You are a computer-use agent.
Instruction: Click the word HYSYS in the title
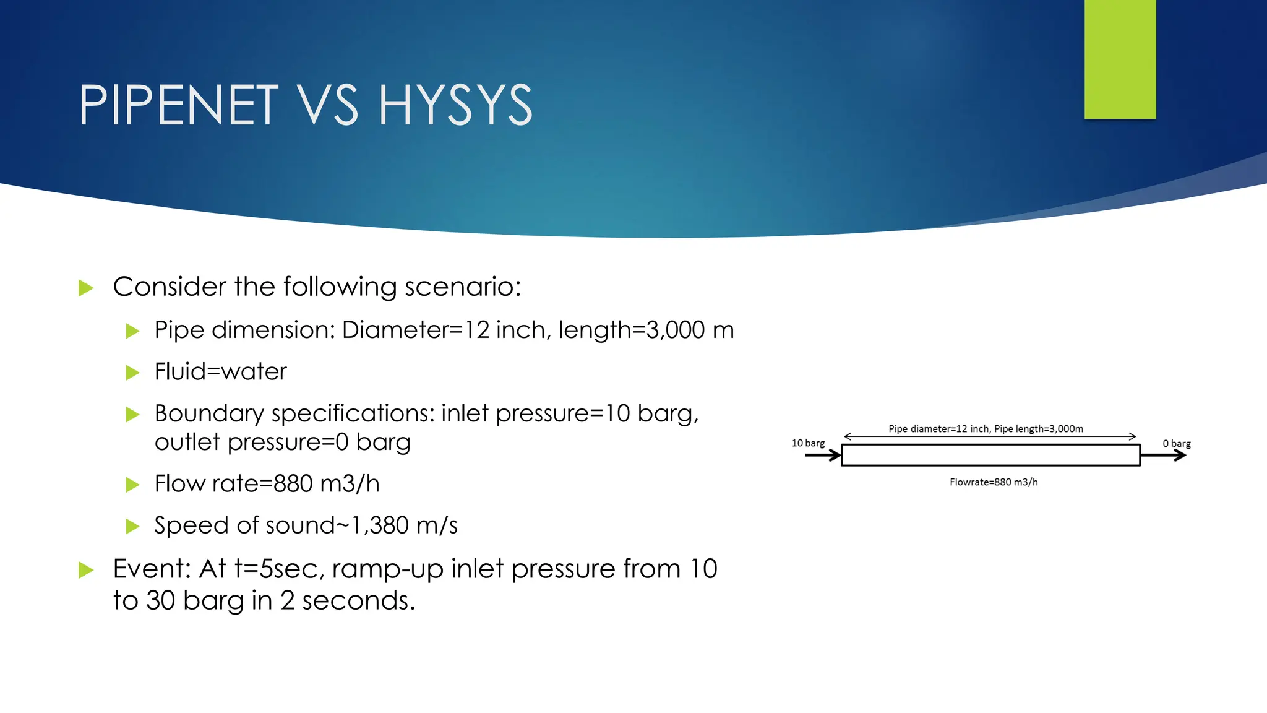(455, 106)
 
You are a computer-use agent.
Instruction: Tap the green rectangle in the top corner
(1120, 59)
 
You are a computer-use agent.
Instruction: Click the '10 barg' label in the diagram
(808, 443)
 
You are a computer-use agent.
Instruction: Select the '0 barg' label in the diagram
(1176, 444)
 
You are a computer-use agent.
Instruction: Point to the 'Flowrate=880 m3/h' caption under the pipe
(994, 482)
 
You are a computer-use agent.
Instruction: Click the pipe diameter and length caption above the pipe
(986, 428)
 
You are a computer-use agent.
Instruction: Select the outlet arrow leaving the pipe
(1163, 456)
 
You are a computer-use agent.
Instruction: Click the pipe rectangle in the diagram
(990, 455)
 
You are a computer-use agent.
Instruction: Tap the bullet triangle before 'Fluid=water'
(132, 373)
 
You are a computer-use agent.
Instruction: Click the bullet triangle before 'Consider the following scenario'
(86, 288)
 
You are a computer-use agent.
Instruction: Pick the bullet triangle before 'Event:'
(86, 570)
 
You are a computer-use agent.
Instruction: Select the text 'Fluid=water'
(220, 372)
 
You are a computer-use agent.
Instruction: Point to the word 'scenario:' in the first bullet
(463, 287)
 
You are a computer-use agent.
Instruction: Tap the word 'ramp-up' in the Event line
(387, 569)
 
